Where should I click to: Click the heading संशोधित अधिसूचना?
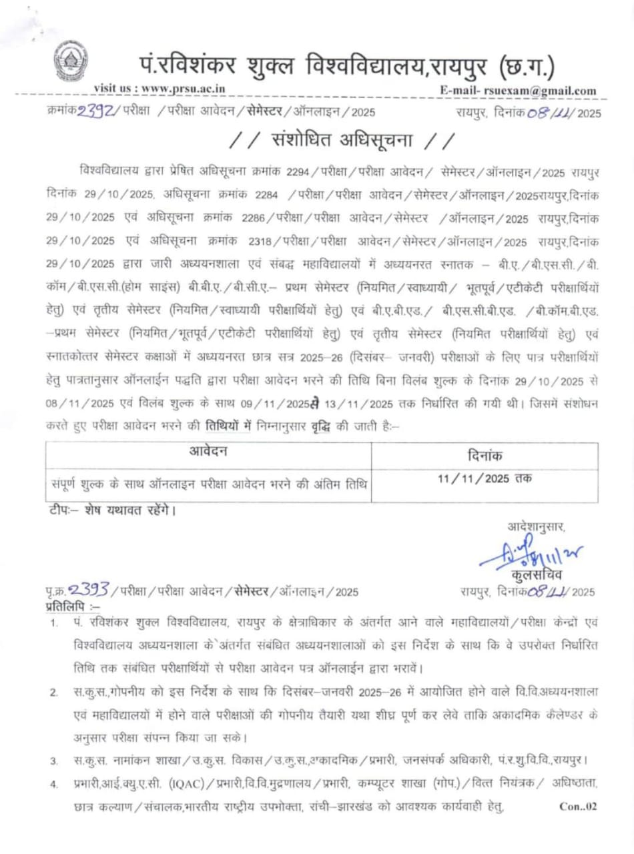[341, 142]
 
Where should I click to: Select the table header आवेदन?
[208, 452]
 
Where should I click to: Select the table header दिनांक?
[485, 455]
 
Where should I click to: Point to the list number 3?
[53, 760]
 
